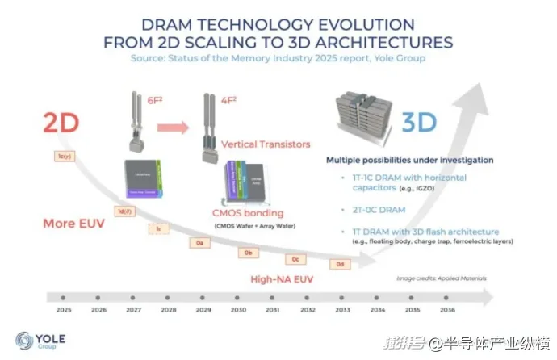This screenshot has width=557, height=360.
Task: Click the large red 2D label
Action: pyautogui.click(x=61, y=122)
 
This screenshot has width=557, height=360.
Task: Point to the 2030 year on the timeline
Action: pyautogui.click(x=238, y=309)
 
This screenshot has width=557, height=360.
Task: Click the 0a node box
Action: pyautogui.click(x=203, y=241)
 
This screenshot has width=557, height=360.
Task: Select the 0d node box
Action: pyautogui.click(x=341, y=263)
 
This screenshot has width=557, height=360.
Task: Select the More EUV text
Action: pyautogui.click(x=72, y=224)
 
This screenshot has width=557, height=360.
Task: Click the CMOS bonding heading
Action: pyautogui.click(x=248, y=213)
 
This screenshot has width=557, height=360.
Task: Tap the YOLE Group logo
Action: pyautogui.click(x=40, y=341)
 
